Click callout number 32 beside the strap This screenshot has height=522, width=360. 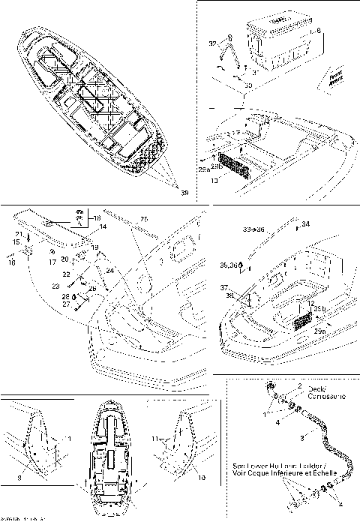click(212, 44)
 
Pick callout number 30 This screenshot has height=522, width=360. click(248, 86)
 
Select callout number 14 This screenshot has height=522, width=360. click(103, 226)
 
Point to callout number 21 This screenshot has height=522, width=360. click(18, 235)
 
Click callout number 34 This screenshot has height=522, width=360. click(305, 223)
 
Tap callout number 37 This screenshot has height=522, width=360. click(223, 287)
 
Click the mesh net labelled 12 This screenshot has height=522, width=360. click(302, 319)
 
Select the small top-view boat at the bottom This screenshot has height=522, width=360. click(111, 456)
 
